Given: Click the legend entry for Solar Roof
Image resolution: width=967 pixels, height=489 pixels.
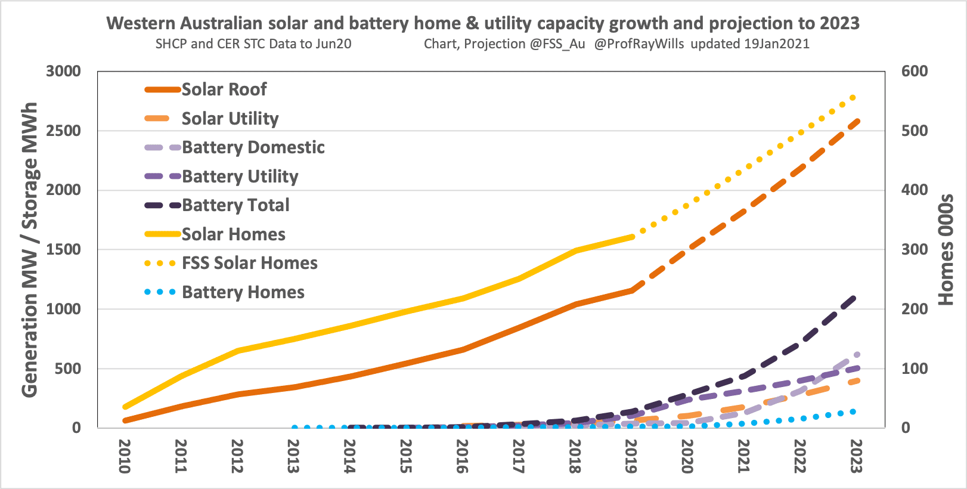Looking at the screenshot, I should [x=224, y=89].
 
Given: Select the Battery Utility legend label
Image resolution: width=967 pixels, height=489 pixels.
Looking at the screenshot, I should [x=240, y=177].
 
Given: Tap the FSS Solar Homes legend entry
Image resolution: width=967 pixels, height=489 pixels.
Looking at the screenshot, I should [x=249, y=263].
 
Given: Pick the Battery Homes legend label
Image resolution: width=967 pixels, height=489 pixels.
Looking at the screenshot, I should [x=243, y=292].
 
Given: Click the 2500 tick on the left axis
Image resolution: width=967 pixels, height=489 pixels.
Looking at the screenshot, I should [x=63, y=131].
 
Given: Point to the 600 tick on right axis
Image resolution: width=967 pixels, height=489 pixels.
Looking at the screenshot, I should [x=915, y=71].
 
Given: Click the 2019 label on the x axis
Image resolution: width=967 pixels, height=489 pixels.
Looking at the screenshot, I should [x=631, y=456].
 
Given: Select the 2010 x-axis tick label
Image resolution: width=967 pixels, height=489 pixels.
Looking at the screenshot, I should [x=124, y=456].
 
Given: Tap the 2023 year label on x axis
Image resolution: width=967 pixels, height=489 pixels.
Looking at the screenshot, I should [x=856, y=456].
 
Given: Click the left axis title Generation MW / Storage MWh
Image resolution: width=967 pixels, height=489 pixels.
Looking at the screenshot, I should [x=30, y=249].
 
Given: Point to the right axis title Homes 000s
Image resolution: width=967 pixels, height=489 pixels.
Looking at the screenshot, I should [x=945, y=249].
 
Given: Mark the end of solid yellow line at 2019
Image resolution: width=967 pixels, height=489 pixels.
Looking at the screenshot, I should [x=631, y=237].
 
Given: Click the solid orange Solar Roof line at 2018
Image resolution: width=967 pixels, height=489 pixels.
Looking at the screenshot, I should [x=575, y=304].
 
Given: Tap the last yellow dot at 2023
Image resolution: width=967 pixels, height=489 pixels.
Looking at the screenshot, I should [x=853, y=98].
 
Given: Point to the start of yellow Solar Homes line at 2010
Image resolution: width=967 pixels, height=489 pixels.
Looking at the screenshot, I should [x=125, y=407].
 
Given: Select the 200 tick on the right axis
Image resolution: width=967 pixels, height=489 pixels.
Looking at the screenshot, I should [x=915, y=309].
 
